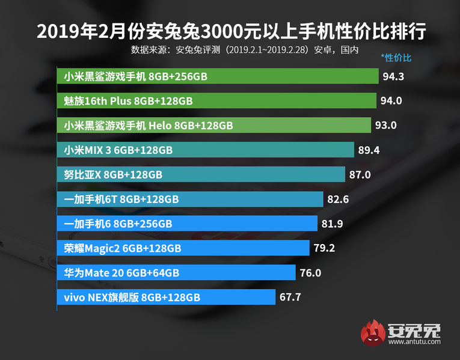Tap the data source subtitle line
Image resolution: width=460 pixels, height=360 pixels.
click(245, 50)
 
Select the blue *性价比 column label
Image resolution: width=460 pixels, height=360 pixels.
click(396, 58)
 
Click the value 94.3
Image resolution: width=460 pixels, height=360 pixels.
click(393, 76)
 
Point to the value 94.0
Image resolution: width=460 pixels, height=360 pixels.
click(391, 100)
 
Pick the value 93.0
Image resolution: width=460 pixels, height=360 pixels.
click(385, 125)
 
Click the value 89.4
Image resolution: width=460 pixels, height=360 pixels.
click(369, 150)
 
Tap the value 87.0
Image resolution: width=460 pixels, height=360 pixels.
click(360, 174)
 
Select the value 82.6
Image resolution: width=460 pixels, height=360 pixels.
click(338, 199)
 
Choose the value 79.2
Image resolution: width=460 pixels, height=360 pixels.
click(324, 248)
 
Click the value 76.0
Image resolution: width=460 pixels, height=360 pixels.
click(310, 272)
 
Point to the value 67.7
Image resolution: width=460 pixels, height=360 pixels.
click(290, 297)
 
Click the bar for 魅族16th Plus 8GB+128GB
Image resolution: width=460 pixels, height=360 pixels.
click(217, 101)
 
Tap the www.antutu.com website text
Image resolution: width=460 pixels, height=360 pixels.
click(414, 343)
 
